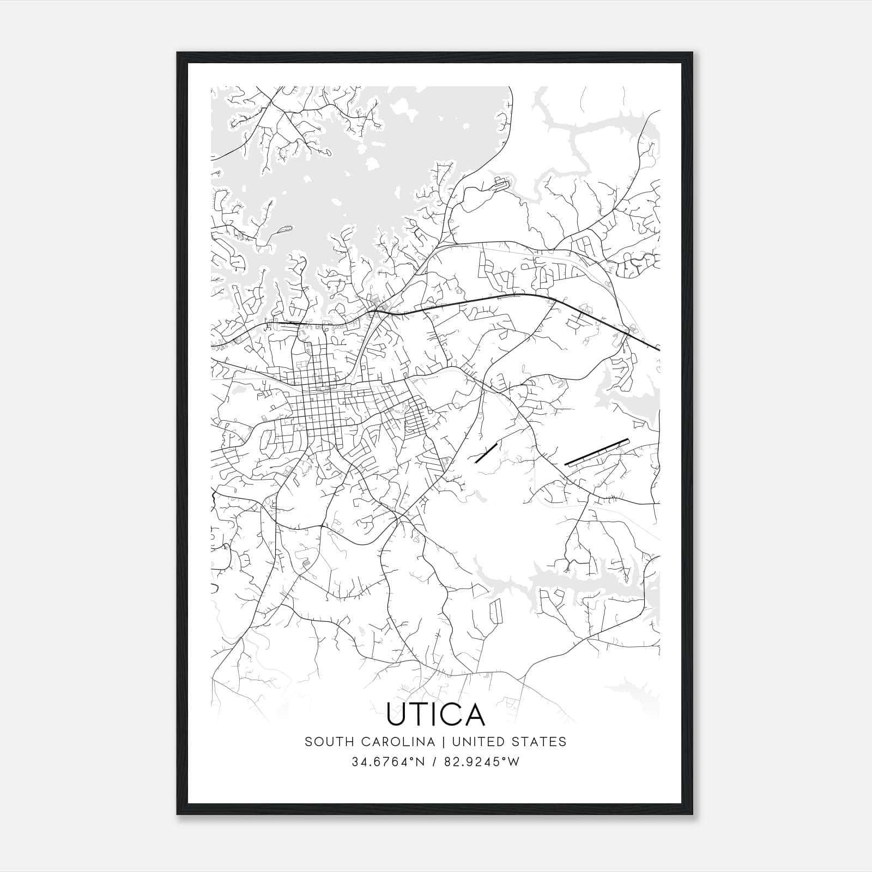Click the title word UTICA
coord(435,714)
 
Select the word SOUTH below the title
coord(326,742)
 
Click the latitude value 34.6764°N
coord(387,762)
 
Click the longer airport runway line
coord(597,452)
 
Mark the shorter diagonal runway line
coord(486,453)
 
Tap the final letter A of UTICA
coord(475,714)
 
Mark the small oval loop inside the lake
coord(284,229)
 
